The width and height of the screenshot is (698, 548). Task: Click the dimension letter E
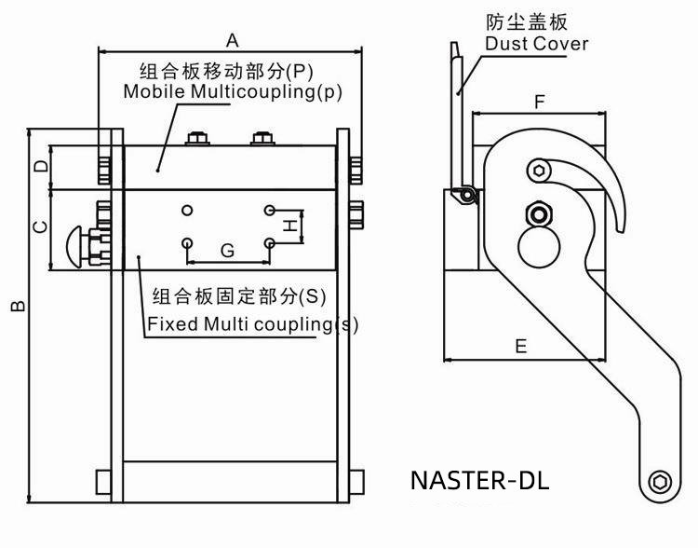point(521,346)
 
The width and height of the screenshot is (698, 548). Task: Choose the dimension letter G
point(227,251)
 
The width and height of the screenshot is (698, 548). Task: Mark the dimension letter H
point(290,225)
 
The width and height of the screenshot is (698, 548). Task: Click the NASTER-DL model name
point(479,481)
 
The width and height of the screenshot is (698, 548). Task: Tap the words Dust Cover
point(537,43)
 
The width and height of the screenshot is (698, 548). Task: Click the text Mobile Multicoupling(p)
point(233,91)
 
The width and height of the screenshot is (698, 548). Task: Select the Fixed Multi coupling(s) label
point(252,324)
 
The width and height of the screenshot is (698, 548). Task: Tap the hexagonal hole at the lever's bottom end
point(660,482)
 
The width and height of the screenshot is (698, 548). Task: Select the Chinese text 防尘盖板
point(527,21)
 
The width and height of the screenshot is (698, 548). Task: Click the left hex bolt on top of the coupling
point(197,140)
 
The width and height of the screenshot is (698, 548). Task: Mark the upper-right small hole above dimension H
point(270,209)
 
